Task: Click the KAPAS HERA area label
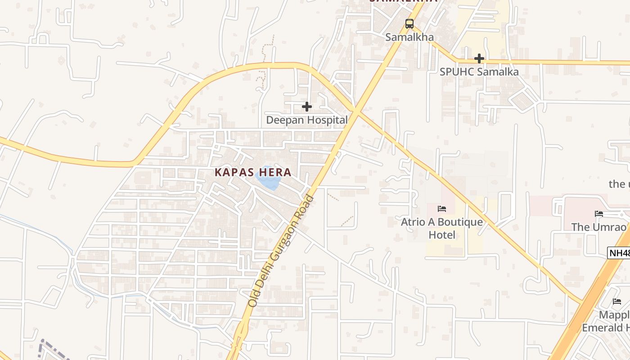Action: [253, 172]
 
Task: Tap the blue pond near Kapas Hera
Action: [268, 180]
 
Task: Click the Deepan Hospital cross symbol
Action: [307, 107]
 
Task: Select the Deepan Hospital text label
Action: [307, 120]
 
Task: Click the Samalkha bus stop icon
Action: [409, 24]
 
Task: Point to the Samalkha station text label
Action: [409, 37]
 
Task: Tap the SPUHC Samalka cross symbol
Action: [479, 58]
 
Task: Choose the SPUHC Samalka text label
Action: [479, 72]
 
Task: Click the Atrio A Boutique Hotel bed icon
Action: [442, 209]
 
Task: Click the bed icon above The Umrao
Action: [599, 214]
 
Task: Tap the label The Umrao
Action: [598, 227]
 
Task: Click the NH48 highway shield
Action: [619, 253]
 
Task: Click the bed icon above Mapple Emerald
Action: [617, 301]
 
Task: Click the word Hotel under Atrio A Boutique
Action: [441, 235]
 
